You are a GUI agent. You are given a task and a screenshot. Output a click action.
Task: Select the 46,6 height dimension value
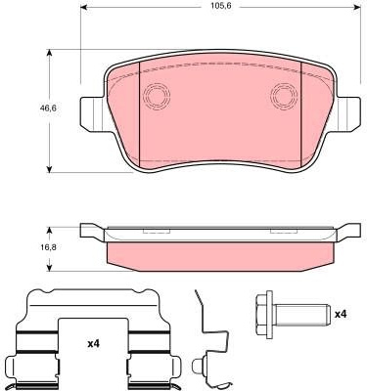pos(48,108)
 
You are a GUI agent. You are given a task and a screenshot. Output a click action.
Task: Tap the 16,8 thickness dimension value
pos(49,247)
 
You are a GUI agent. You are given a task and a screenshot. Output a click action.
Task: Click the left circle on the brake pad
pos(157,96)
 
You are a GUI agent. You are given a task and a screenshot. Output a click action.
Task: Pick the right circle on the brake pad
pos(284,96)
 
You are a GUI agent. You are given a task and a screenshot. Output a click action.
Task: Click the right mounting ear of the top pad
pos(348,114)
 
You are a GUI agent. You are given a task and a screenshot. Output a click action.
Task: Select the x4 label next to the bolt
pos(341,314)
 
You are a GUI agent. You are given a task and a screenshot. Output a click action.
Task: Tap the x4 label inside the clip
pos(93,343)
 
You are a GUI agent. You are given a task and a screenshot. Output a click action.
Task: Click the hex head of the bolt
pos(264,315)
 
